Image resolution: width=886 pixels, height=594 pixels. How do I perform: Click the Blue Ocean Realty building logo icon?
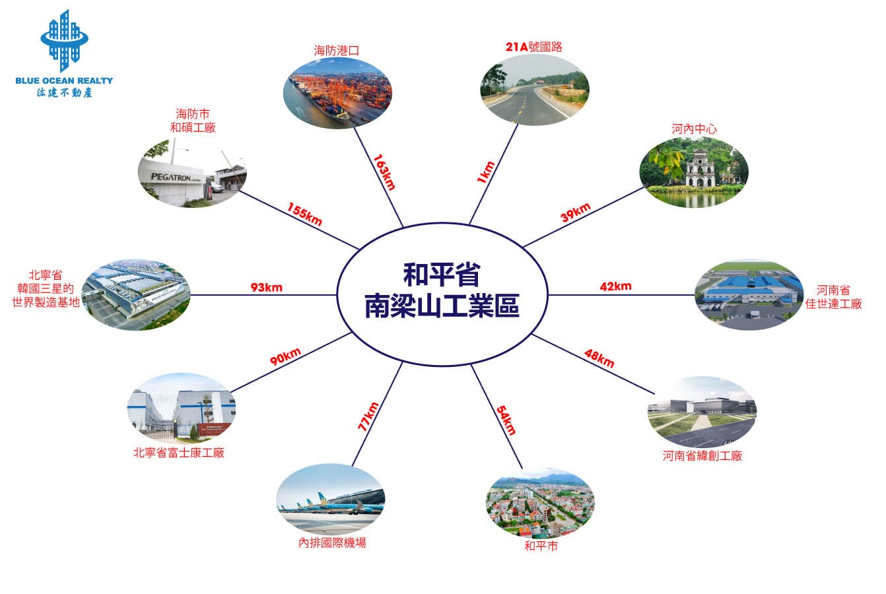coord(64,40)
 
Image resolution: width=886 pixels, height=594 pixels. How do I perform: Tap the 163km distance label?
coord(384,172)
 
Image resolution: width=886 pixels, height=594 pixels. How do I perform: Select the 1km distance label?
coord(486,172)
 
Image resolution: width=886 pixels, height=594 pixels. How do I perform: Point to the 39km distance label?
coord(576,212)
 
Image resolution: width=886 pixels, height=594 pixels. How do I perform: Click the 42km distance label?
coord(615,286)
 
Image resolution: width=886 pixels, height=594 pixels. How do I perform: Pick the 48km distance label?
coord(599,358)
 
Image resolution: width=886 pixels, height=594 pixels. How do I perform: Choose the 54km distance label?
coord(506,420)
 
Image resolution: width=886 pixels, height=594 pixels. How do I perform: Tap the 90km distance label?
coord(285,356)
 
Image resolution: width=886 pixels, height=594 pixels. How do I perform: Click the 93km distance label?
coord(267,288)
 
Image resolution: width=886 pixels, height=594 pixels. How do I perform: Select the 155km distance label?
coord(304,214)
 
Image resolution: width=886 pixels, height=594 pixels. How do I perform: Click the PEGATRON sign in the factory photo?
coord(171,177)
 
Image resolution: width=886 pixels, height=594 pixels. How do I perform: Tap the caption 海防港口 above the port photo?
coord(337,51)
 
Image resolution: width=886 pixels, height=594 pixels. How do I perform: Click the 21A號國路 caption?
coord(534,47)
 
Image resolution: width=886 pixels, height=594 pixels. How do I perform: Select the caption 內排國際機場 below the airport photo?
coord(332,543)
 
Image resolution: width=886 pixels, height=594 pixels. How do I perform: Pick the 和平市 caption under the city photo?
coord(541,546)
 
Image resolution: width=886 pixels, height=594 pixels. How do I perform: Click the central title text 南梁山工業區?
coord(442,306)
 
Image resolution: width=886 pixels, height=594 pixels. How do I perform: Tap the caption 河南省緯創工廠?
coord(702,455)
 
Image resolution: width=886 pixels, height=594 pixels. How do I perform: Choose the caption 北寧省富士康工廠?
coord(179,452)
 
